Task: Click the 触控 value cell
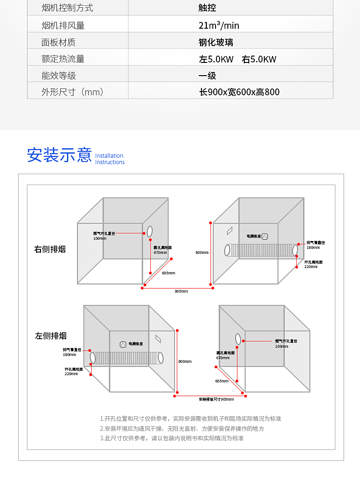pyautogui.click(x=207, y=8)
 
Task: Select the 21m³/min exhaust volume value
pyautogui.click(x=219, y=26)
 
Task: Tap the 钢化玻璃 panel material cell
pyautogui.click(x=216, y=42)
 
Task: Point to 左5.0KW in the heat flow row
pyautogui.click(x=216, y=59)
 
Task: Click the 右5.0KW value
pyautogui.click(x=259, y=59)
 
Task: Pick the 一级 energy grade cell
pyautogui.click(x=207, y=76)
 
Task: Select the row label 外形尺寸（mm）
pyautogui.click(x=72, y=92)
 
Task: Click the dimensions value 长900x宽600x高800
pyautogui.click(x=239, y=92)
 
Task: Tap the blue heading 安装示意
pyautogui.click(x=59, y=155)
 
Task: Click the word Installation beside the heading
pyautogui.click(x=109, y=156)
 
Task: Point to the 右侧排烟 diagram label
pyautogui.click(x=50, y=249)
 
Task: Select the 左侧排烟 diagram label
pyautogui.click(x=51, y=336)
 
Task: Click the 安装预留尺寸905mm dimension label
pyautogui.click(x=216, y=399)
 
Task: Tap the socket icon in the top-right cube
pyautogui.click(x=265, y=236)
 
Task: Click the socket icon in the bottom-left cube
pyautogui.click(x=123, y=345)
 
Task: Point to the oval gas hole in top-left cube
pyautogui.click(x=149, y=232)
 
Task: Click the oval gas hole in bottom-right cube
pyautogui.click(x=238, y=339)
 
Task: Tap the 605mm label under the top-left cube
pyautogui.click(x=168, y=273)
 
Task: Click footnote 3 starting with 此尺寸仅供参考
pyautogui.click(x=172, y=438)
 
